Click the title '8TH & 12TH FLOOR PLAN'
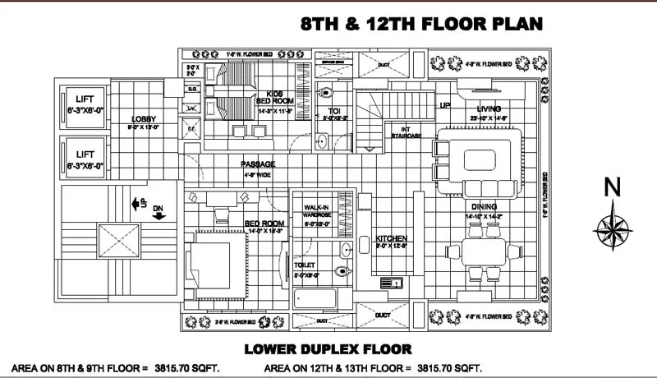pos(422,24)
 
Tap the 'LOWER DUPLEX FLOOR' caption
pos(333,348)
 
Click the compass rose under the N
pos(611,226)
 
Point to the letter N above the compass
pos(611,188)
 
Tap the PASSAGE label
pos(258,164)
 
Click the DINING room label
pos(484,207)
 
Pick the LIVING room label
pos(489,108)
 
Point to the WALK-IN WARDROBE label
pos(316,210)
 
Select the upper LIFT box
pos(85,104)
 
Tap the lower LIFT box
pos(85,159)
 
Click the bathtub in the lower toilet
pos(320,299)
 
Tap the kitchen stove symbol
pos(388,283)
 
